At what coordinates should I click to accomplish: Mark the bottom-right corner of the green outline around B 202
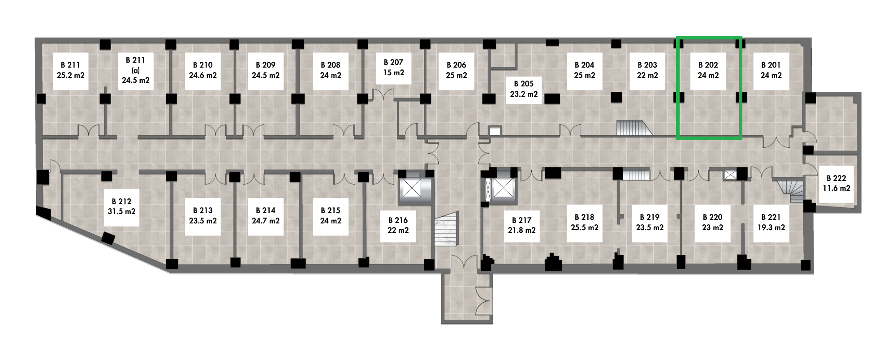(x=741, y=138)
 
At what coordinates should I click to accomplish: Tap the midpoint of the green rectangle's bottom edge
(x=709, y=138)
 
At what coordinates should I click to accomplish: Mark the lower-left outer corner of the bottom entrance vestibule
(x=442, y=323)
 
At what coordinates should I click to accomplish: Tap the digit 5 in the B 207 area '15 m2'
(x=390, y=73)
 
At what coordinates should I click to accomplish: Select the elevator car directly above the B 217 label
(x=504, y=189)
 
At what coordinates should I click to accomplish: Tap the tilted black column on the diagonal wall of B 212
(x=108, y=238)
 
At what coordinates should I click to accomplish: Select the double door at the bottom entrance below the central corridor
(x=466, y=262)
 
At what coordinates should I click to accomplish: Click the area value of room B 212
(x=121, y=211)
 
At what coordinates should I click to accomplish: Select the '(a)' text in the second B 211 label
(x=136, y=70)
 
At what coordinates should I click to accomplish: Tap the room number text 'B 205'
(x=524, y=84)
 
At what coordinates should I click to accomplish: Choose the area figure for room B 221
(x=771, y=227)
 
